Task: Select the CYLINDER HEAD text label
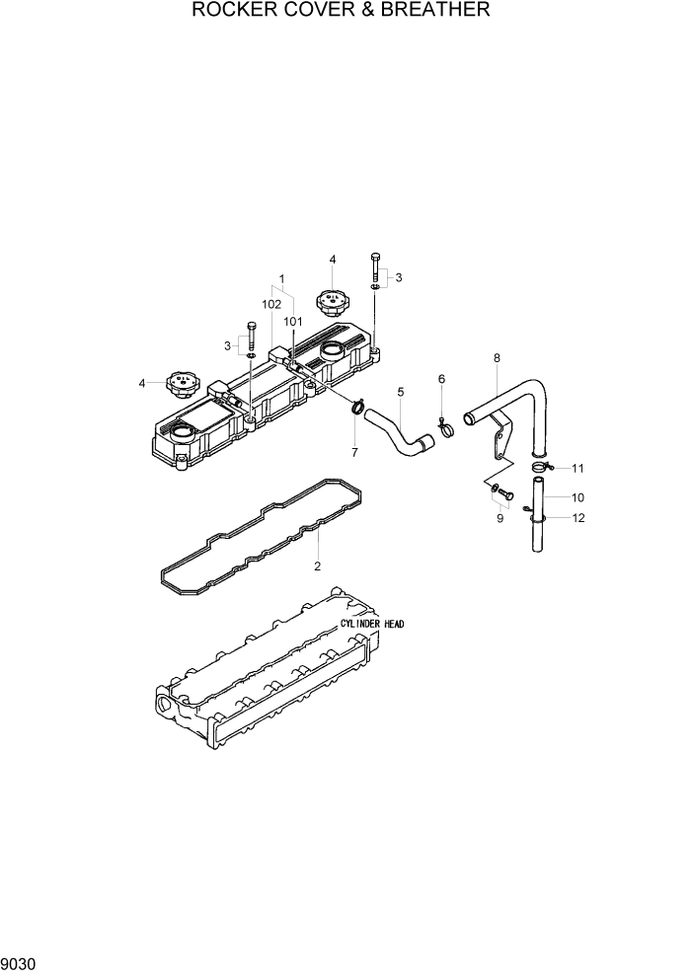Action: tap(372, 625)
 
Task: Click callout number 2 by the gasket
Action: tap(317, 566)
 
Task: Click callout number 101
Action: tap(292, 321)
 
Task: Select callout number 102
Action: tap(271, 305)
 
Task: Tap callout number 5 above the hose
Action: tap(401, 392)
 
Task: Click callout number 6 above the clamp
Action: tap(441, 379)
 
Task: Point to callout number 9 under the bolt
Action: tap(500, 517)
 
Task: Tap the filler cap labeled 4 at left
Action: tap(181, 382)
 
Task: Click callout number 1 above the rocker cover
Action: tap(281, 279)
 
